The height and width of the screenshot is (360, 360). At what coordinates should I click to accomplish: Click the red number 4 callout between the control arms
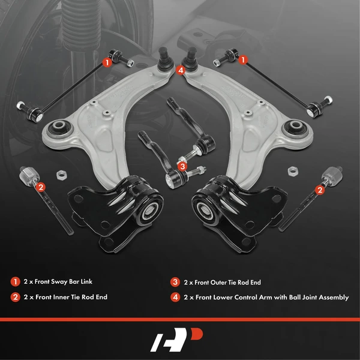click(x=181, y=70)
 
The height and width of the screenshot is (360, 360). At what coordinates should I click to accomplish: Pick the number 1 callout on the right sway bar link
click(x=243, y=60)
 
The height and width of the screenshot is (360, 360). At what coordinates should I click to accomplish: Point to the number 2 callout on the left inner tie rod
click(x=41, y=188)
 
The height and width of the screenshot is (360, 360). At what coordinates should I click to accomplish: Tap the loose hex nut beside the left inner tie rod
click(x=60, y=175)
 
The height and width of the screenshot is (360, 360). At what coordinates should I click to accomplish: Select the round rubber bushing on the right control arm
click(x=296, y=128)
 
